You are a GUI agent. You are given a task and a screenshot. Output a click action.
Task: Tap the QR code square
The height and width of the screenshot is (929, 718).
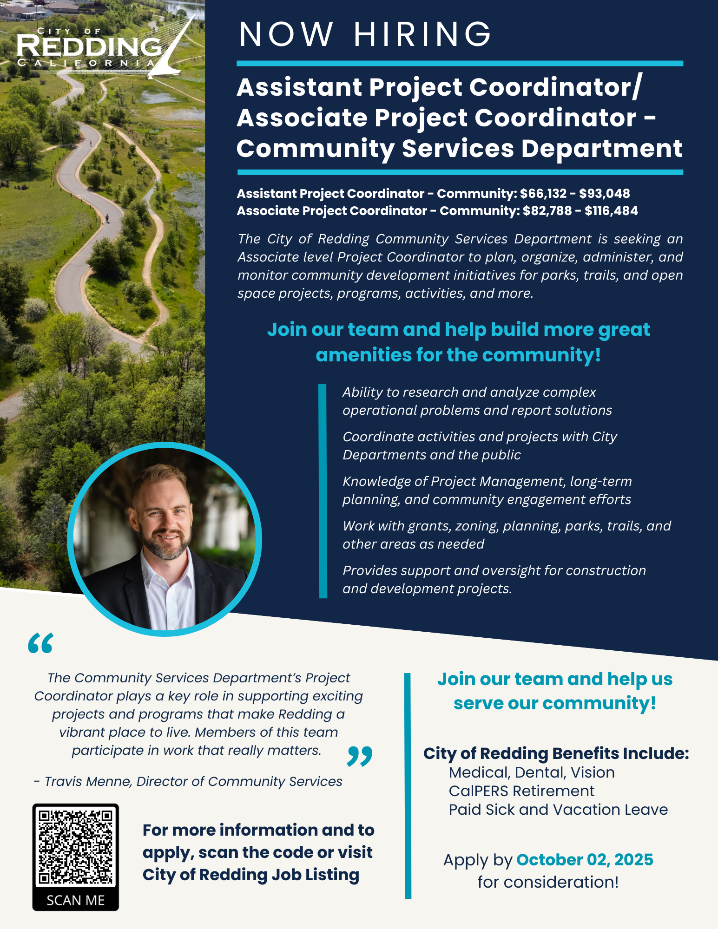(x=75, y=847)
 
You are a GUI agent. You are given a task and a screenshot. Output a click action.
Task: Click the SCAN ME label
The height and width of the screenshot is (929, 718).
(x=75, y=900)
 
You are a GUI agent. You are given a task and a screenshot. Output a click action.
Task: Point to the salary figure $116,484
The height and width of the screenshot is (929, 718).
(x=611, y=211)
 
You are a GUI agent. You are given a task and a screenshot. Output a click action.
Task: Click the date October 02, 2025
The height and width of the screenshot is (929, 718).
(x=584, y=860)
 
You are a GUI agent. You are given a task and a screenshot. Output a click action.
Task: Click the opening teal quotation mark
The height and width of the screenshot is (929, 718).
(x=40, y=644)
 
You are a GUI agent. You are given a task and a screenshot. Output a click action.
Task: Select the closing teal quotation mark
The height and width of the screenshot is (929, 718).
(x=359, y=756)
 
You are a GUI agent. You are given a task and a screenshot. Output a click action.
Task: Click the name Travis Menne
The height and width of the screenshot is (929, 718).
(x=88, y=781)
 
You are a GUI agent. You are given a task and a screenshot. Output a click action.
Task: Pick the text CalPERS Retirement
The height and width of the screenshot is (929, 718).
(x=521, y=791)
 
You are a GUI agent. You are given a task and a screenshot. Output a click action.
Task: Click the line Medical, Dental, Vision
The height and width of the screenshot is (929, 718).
(x=532, y=772)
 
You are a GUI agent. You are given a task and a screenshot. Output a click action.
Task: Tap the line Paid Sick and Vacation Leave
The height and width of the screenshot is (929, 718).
(x=558, y=810)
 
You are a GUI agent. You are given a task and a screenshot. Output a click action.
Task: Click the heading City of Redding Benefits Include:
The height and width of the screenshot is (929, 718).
(x=556, y=753)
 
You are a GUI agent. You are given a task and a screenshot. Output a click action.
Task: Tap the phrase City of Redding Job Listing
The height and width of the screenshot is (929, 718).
(x=251, y=875)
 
